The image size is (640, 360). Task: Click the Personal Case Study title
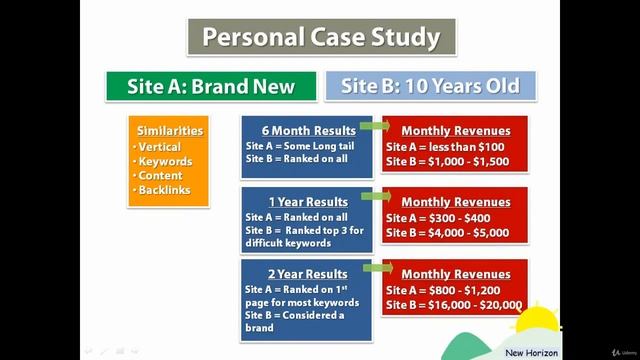(x=320, y=38)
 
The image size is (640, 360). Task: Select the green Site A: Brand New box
(x=211, y=85)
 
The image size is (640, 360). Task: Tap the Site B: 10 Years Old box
(x=430, y=85)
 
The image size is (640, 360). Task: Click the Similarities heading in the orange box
(x=170, y=131)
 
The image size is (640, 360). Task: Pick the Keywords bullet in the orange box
(x=165, y=161)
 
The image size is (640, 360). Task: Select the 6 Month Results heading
(x=308, y=131)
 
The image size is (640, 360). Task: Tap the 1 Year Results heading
(x=308, y=202)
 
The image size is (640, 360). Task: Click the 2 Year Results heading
(x=308, y=274)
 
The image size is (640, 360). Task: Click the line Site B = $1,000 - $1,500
(x=447, y=161)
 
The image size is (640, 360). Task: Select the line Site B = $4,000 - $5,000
(x=447, y=233)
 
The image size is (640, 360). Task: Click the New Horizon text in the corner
(x=530, y=351)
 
